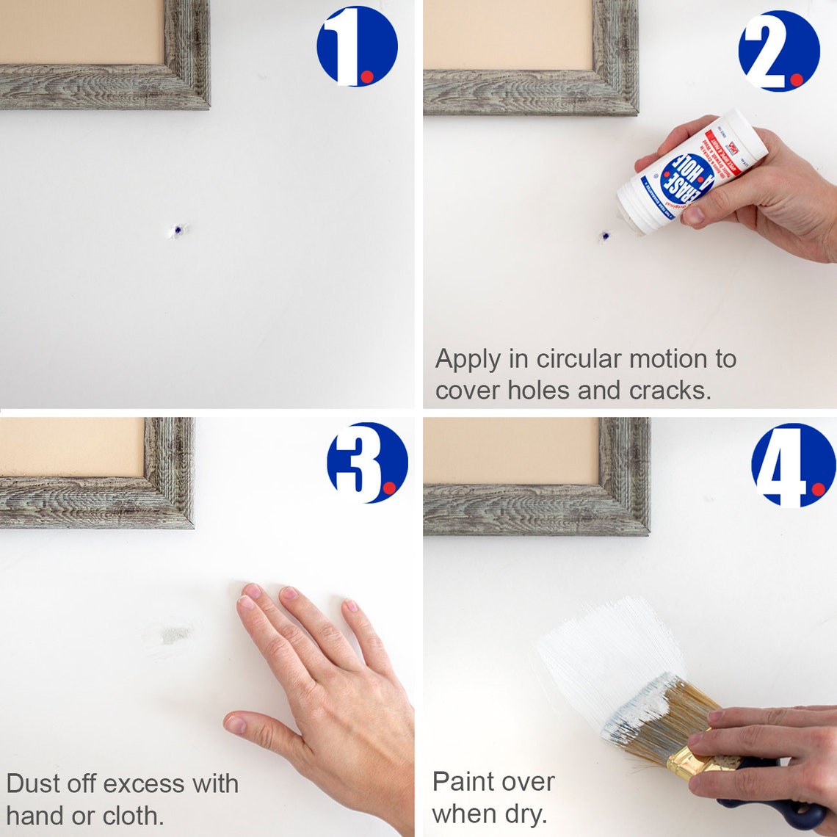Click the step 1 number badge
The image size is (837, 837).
pos(357,46)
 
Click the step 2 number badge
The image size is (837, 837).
pos(778,51)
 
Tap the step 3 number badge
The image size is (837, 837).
pos(367,463)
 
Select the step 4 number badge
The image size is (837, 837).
pos(793,465)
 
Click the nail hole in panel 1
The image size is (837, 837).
pos(177,231)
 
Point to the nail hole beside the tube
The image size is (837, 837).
pos(605,236)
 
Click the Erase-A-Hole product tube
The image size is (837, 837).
pos(690,173)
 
